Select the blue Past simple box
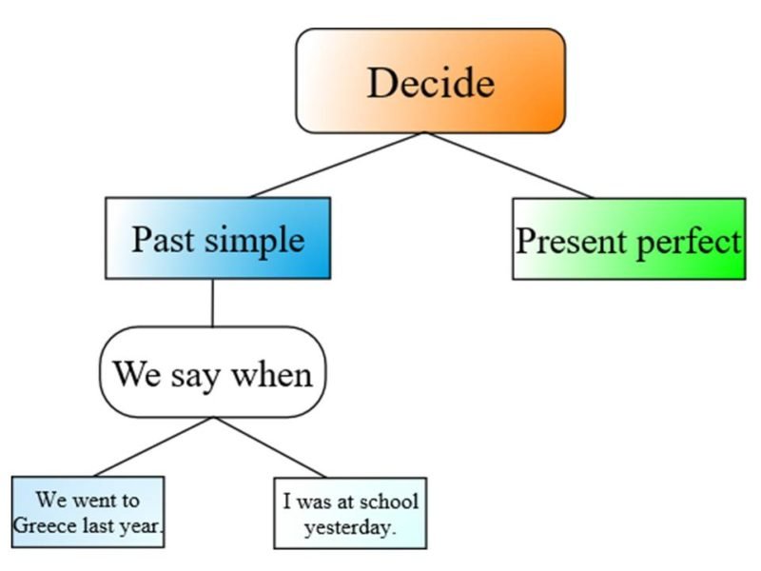click(x=218, y=238)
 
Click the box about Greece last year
click(x=88, y=511)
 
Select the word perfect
click(x=687, y=242)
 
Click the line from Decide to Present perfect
click(x=509, y=166)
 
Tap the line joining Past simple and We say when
click(x=212, y=303)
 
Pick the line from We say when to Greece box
click(x=152, y=446)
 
